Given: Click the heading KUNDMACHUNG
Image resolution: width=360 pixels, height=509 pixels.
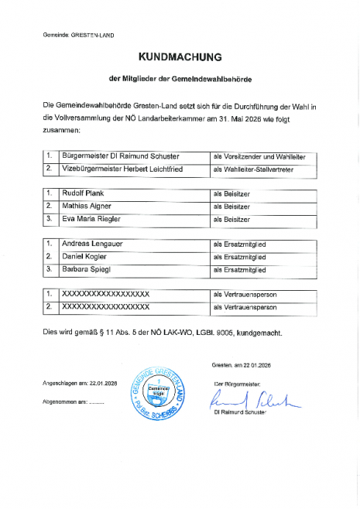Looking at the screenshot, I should coord(180,57).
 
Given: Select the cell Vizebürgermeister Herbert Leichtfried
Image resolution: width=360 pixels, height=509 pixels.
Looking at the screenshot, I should coord(122,168).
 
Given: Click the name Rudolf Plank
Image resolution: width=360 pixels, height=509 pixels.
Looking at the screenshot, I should coord(81,194).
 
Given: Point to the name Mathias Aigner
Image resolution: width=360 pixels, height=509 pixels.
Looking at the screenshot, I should coord(85,207).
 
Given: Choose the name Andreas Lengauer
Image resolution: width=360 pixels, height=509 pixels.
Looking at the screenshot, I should coord(92,244).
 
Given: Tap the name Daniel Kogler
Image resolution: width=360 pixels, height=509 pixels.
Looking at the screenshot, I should coord(83,256).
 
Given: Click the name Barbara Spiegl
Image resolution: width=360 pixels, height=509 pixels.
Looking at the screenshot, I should coord(86,269).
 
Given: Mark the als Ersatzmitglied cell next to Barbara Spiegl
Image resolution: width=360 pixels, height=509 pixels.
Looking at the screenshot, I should coord(239,269).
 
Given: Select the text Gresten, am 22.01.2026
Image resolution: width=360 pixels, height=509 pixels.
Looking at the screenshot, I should coord(242,365).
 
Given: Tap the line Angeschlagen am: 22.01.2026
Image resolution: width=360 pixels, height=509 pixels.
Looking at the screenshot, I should coord(81,384).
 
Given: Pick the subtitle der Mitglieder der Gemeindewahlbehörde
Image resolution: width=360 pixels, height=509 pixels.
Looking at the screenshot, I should coord(180,79).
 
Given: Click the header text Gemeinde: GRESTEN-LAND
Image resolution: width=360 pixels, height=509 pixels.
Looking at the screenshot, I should coord(78,36).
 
